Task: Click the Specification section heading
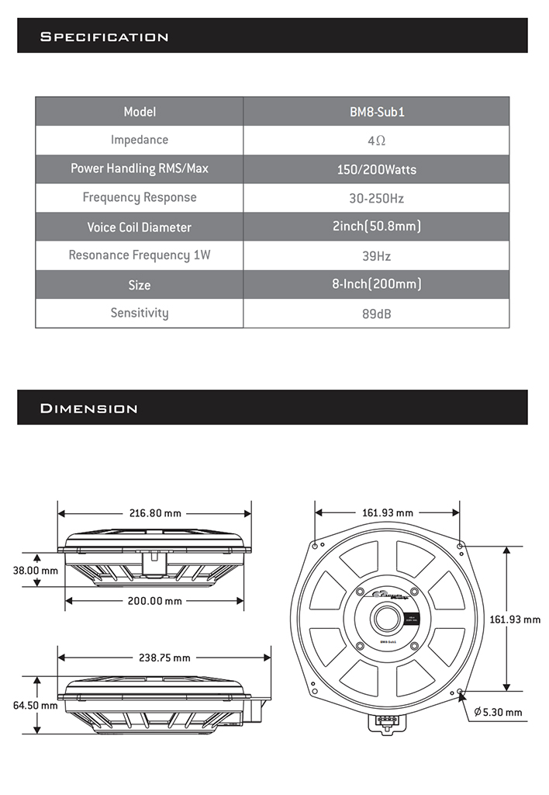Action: (x=104, y=36)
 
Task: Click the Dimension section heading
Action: (x=88, y=408)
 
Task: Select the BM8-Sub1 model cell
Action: (x=376, y=112)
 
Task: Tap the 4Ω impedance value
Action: (x=376, y=141)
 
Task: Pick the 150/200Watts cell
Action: (x=376, y=169)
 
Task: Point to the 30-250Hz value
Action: (x=376, y=198)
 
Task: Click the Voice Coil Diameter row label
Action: (x=140, y=227)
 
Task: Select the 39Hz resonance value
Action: (x=376, y=255)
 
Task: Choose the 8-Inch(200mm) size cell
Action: (x=376, y=284)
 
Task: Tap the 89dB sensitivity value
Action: (x=376, y=314)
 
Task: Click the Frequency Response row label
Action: (x=140, y=197)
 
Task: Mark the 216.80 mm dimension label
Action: (x=155, y=513)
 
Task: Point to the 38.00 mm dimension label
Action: (x=35, y=570)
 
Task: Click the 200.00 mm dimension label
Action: (x=155, y=601)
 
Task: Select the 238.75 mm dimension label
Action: (x=164, y=658)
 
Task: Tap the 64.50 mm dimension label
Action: (x=35, y=705)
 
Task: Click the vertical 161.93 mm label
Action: (x=516, y=619)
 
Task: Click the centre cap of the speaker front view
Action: (x=384, y=619)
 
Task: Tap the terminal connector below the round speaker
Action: (x=385, y=721)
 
